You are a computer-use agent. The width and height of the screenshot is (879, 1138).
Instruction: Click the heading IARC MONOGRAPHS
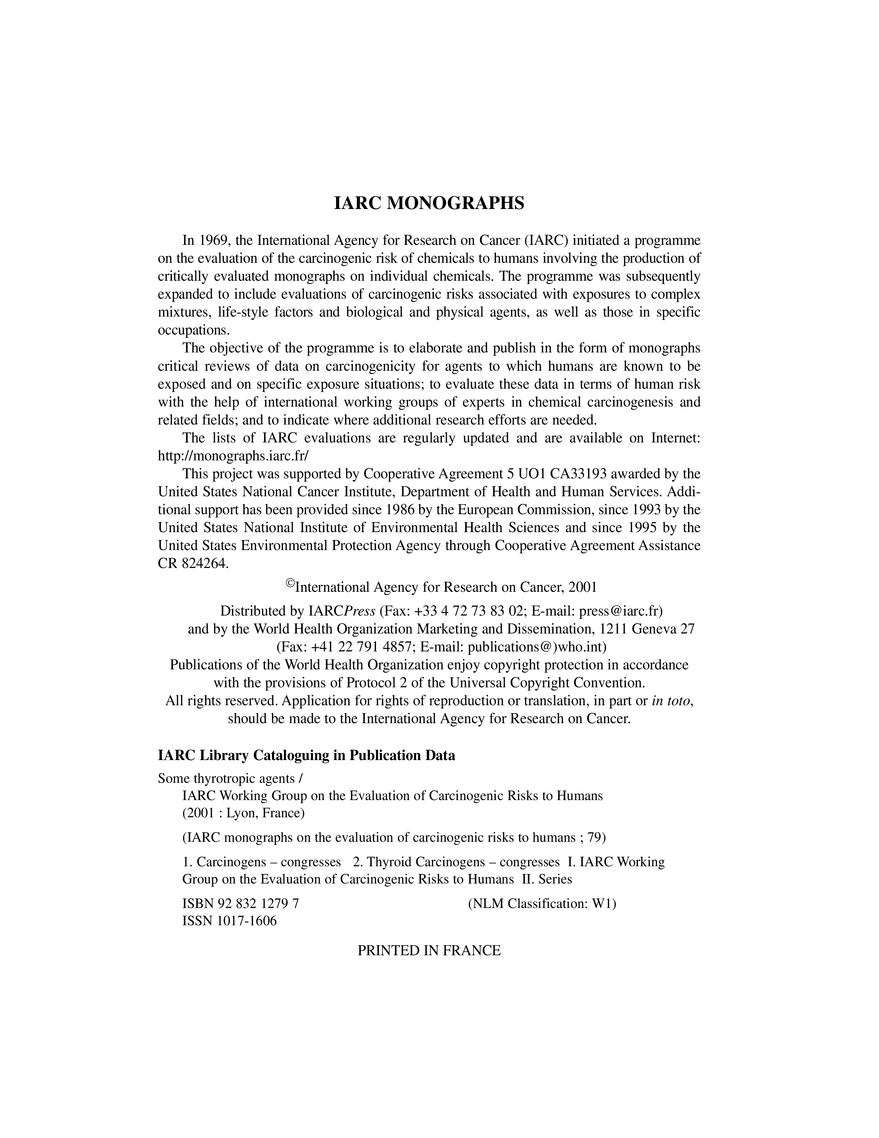click(x=428, y=203)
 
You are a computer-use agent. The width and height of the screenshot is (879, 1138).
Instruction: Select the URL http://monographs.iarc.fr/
click(x=233, y=456)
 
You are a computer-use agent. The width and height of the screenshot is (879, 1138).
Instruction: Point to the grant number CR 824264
click(x=193, y=564)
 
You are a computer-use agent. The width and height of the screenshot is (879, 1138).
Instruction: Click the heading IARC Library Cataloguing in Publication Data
click(x=306, y=756)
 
